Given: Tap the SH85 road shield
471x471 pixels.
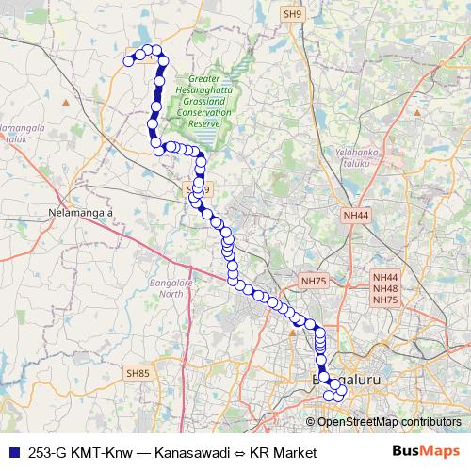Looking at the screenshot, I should click(138, 374).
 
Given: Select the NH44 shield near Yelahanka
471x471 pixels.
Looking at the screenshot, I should click(356, 216).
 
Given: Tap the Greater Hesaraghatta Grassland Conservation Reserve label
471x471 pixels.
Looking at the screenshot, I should click(204, 102).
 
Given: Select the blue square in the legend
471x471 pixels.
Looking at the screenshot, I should click(12, 451).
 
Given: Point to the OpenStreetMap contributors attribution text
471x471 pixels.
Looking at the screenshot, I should click(389, 421).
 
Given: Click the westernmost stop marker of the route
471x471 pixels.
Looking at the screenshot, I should click(129, 61).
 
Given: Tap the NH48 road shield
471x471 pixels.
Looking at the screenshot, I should click(386, 288).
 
